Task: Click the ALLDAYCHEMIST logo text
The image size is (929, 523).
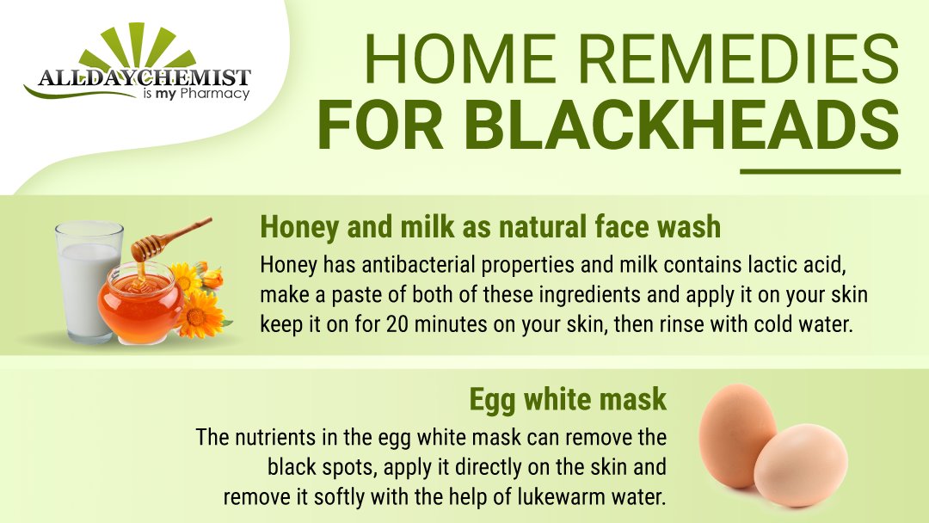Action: pos(145,78)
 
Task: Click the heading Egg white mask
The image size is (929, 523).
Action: pos(567,399)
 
